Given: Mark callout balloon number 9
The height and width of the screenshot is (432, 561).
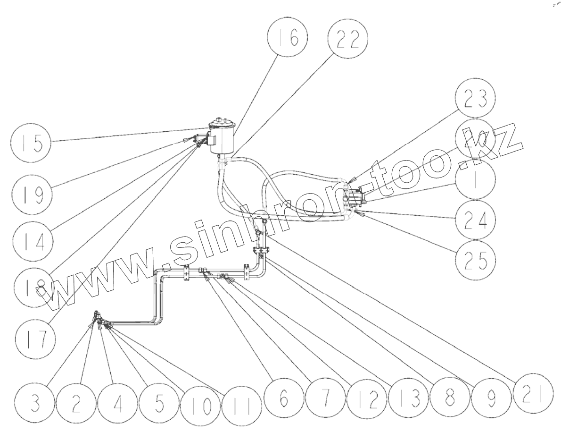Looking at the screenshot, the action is tap(490, 399).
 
